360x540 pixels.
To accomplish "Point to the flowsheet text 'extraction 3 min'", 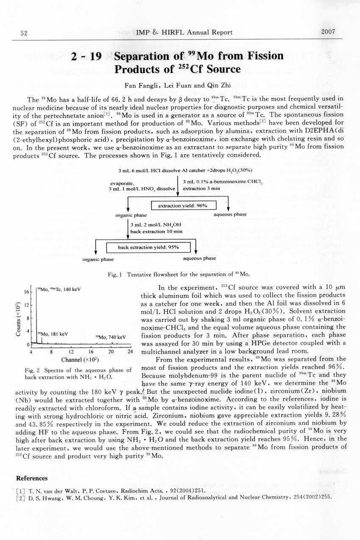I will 197,188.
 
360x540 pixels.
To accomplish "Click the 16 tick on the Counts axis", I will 26,292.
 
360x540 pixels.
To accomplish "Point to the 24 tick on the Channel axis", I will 130,352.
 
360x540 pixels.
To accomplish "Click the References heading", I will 32,478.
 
